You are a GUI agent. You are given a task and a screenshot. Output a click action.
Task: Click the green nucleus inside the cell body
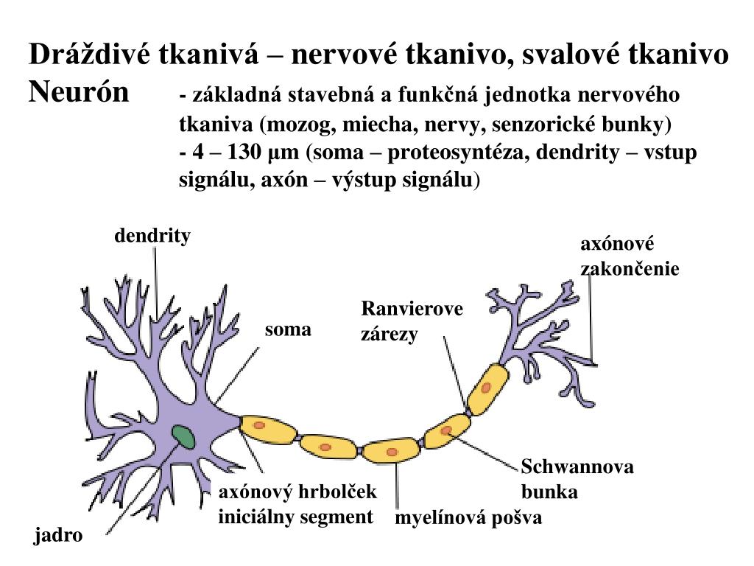(183, 437)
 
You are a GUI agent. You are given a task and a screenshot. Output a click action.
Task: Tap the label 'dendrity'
(152, 236)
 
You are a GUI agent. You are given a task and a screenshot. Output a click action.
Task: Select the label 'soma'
(288, 329)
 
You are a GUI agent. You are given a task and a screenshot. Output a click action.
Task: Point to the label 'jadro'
(58, 536)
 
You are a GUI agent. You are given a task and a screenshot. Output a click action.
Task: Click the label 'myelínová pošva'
(468, 518)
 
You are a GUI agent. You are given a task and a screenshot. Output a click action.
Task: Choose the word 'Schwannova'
(577, 467)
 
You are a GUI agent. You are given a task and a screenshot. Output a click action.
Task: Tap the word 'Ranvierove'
(412, 309)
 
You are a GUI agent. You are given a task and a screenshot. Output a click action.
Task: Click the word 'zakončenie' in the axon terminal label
(630, 269)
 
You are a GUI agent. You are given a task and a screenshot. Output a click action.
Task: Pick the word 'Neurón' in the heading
(79, 93)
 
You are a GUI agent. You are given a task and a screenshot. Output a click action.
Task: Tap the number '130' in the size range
(244, 153)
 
